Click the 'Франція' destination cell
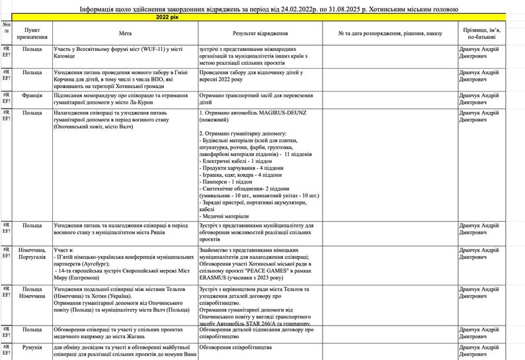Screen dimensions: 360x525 [32, 95]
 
